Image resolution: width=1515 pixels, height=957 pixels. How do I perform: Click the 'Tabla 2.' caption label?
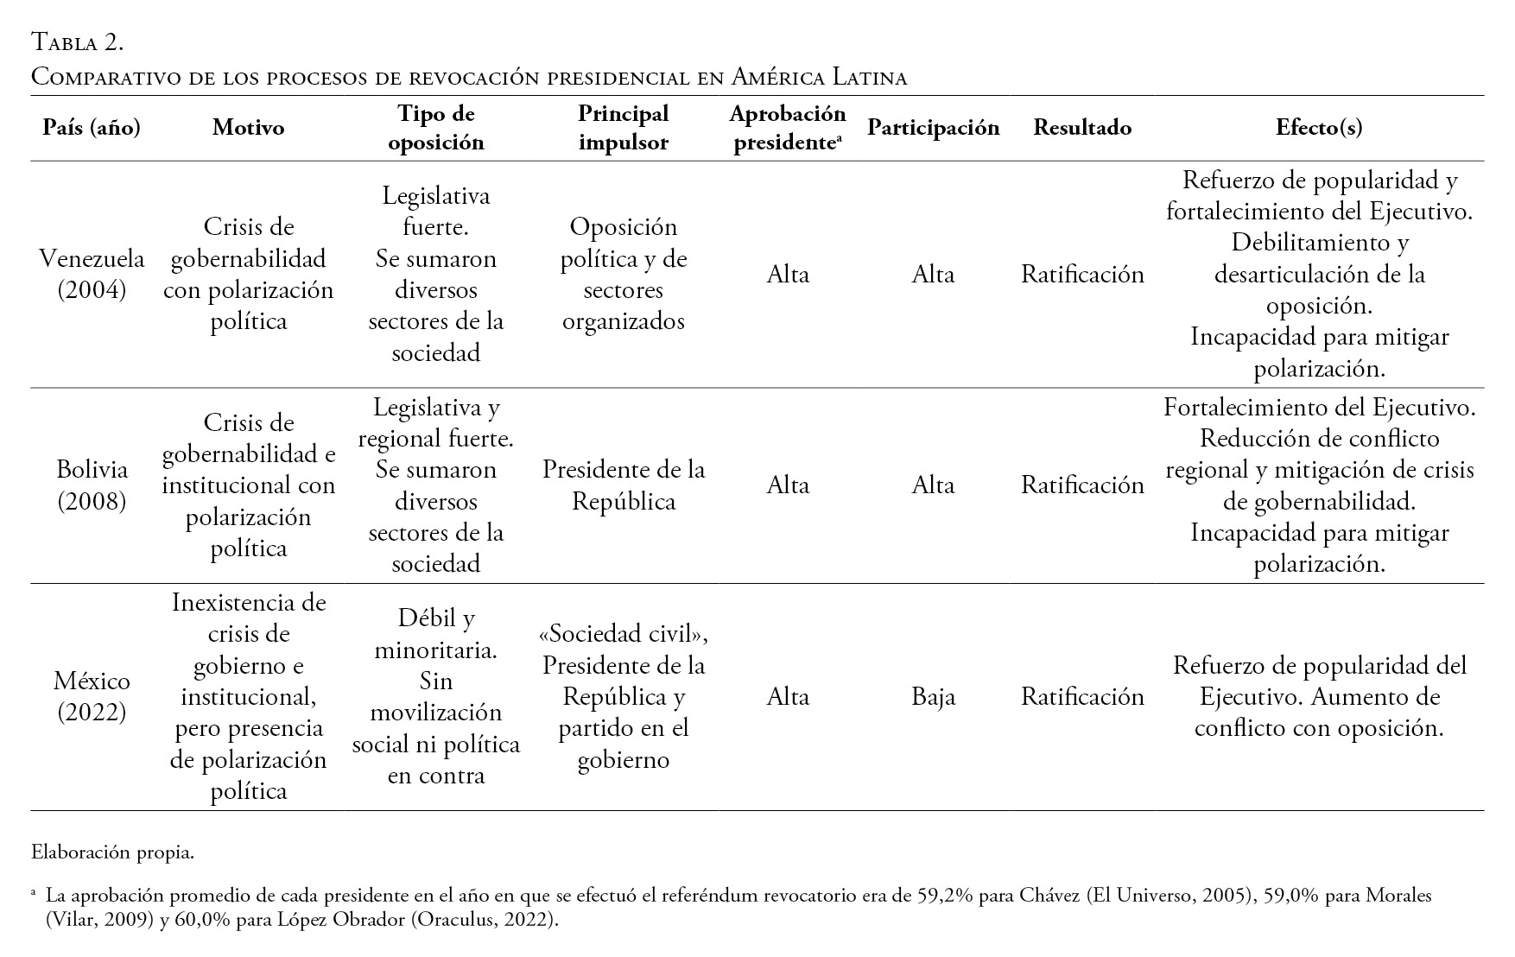tap(77, 41)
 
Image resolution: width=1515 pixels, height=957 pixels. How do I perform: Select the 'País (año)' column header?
tap(92, 128)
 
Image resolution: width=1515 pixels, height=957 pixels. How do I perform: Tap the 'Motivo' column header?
tap(248, 128)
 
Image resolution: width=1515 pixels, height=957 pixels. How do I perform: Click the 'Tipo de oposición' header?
tap(435, 128)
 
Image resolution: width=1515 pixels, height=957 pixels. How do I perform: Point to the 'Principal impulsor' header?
tap(623, 128)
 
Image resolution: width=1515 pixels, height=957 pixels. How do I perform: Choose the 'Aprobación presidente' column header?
tap(787, 128)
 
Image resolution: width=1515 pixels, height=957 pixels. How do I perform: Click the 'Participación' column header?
tap(933, 128)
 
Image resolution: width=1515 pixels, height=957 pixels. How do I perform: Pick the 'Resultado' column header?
tap(1082, 128)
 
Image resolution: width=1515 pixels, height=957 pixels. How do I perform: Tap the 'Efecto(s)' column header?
tap(1319, 128)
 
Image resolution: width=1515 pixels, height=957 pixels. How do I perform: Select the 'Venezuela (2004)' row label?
tap(92, 274)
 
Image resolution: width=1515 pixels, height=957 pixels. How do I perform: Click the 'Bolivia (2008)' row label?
tap(92, 485)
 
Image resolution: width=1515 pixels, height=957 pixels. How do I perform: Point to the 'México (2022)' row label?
tap(92, 696)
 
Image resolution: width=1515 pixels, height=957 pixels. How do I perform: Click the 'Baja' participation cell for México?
tap(933, 696)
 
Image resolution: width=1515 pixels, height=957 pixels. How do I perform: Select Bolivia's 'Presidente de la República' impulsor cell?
tap(623, 485)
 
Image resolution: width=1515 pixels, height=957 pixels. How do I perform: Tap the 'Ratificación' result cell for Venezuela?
tap(1082, 274)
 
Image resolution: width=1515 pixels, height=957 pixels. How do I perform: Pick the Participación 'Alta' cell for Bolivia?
tap(933, 485)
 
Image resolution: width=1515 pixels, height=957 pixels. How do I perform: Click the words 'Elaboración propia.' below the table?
tap(112, 852)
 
